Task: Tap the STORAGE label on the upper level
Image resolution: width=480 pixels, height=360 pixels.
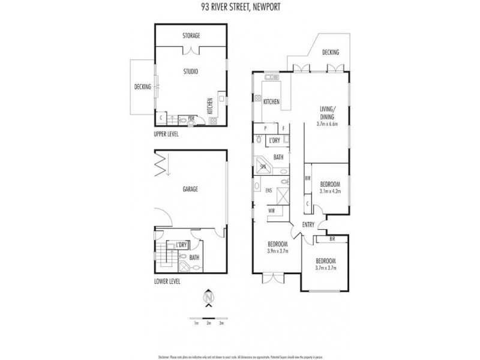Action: [191, 36]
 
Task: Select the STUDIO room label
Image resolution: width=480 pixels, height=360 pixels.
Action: [191, 71]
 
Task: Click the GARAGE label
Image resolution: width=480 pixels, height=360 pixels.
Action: [191, 189]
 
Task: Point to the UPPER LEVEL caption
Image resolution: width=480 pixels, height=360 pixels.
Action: [167, 135]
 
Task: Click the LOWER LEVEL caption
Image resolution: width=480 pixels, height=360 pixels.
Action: [167, 281]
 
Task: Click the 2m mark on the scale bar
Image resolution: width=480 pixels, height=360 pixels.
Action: [209, 323]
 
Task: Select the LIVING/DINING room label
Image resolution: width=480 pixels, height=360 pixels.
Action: [327, 112]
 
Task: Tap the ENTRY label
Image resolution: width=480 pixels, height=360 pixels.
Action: [308, 224]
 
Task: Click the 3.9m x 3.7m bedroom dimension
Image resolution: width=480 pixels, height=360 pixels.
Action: [277, 251]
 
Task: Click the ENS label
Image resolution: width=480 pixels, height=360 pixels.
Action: [268, 191]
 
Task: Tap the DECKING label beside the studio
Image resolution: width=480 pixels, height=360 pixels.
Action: [142, 87]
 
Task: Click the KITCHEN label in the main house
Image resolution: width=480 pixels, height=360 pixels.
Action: [272, 102]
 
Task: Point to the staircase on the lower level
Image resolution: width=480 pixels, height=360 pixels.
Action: [163, 254]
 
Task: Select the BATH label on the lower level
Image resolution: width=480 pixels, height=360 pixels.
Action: [195, 259]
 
